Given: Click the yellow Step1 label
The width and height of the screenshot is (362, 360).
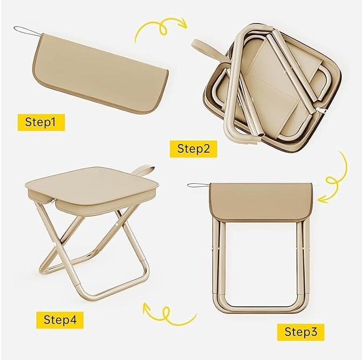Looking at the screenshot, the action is (41, 122).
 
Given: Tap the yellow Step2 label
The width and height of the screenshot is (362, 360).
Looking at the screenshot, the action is (193, 149).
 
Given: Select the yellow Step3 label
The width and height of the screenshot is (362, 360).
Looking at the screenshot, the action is (301, 332).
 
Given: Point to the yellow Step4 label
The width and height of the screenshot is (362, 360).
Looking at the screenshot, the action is (60, 320).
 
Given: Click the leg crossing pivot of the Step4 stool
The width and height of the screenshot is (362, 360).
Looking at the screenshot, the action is (56, 245).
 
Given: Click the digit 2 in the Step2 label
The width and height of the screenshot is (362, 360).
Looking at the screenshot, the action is (206, 149).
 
